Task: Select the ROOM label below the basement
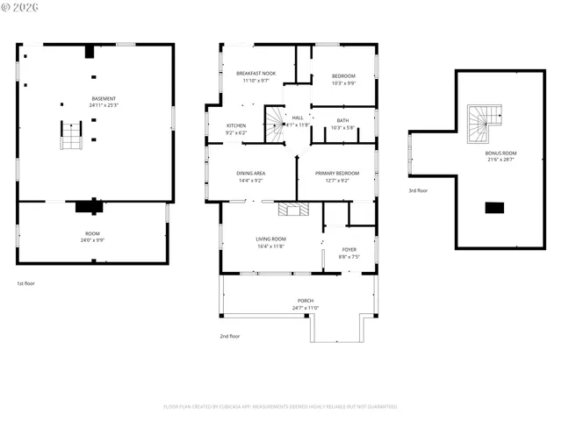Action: pyautogui.click(x=92, y=233)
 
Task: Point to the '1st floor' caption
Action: pyautogui.click(x=26, y=283)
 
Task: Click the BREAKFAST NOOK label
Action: pyautogui.click(x=256, y=73)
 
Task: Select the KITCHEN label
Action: pyautogui.click(x=236, y=125)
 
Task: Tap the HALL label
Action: pyautogui.click(x=298, y=118)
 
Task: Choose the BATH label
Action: pyautogui.click(x=342, y=120)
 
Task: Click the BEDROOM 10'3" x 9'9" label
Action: pyautogui.click(x=343, y=76)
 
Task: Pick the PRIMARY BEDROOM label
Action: pyautogui.click(x=337, y=174)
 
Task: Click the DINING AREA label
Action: pyautogui.click(x=250, y=174)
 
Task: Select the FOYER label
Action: pyautogui.click(x=349, y=250)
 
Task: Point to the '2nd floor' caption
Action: pyautogui.click(x=230, y=336)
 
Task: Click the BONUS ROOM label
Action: pyautogui.click(x=501, y=153)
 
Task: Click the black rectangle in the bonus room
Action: pyautogui.click(x=495, y=208)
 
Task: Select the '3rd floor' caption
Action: pyautogui.click(x=418, y=190)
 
